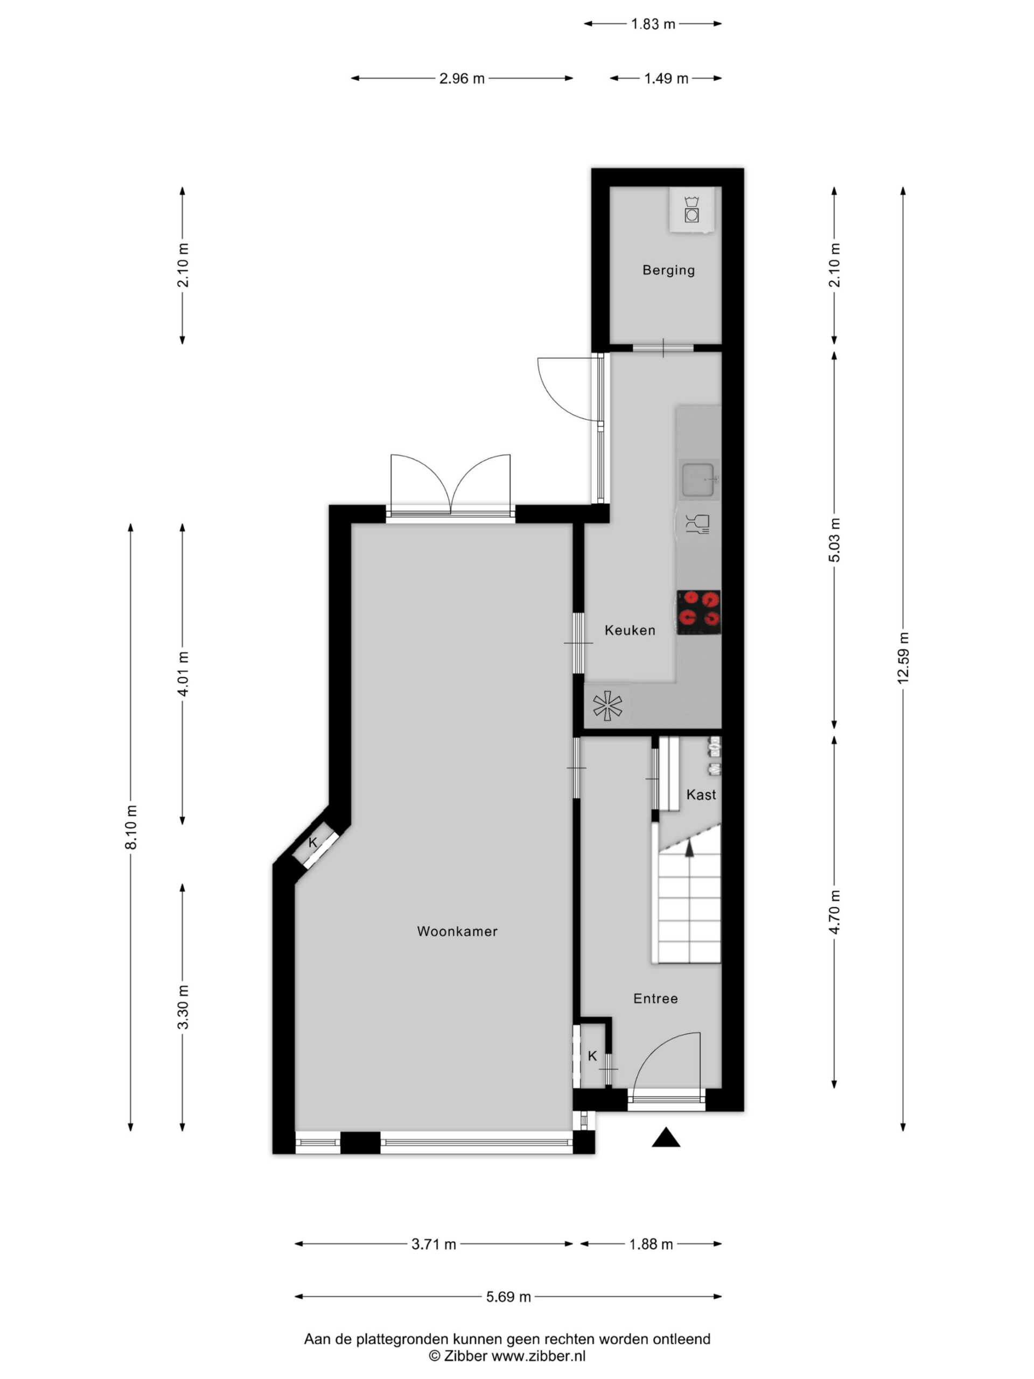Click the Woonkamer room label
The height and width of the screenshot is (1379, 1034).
(x=457, y=931)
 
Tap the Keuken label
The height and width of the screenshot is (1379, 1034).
(x=630, y=630)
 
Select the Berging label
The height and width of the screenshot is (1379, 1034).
(x=668, y=270)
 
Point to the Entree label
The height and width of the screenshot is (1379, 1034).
(x=655, y=998)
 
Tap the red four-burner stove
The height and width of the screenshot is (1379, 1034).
(x=698, y=612)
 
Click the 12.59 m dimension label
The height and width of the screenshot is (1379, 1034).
(x=903, y=658)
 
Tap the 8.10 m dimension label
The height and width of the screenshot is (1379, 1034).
(x=131, y=827)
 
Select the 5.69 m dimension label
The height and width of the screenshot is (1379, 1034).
(x=508, y=1297)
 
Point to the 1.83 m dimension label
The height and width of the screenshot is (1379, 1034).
(x=653, y=24)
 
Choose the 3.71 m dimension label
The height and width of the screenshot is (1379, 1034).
(x=433, y=1244)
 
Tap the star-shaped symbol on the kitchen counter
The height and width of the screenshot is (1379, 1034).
(x=607, y=706)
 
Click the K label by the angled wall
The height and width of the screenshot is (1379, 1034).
(x=313, y=843)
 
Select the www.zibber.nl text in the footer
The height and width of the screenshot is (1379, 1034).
(x=539, y=1355)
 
